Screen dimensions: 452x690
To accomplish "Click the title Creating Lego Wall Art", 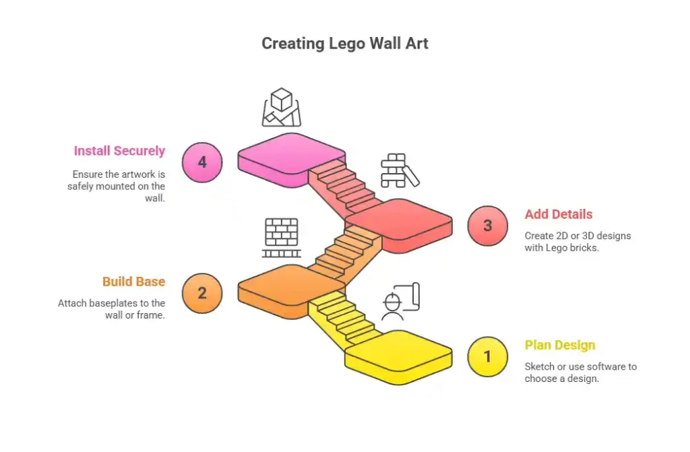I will point(344,44).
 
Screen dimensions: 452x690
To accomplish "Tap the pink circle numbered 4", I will point(202,162).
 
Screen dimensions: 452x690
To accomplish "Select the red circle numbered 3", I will point(488,226).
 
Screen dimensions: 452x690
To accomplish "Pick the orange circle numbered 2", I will point(202,293).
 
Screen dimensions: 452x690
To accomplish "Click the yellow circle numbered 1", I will point(488,356).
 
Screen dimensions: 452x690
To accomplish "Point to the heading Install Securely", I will point(119,151).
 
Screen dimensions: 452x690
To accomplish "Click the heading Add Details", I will point(559,214).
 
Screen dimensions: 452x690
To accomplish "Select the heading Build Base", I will point(133,282).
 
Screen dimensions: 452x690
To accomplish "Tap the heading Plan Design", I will point(560,345).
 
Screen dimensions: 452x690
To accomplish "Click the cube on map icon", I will point(282,108).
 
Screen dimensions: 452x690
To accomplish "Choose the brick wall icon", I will point(282,237).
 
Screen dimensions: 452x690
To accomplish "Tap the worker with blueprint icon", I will point(400,302).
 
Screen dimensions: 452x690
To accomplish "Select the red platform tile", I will point(398,222).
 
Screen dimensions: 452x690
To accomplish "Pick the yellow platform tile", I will point(398,354).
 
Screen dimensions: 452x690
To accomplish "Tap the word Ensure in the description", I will point(88,174).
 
